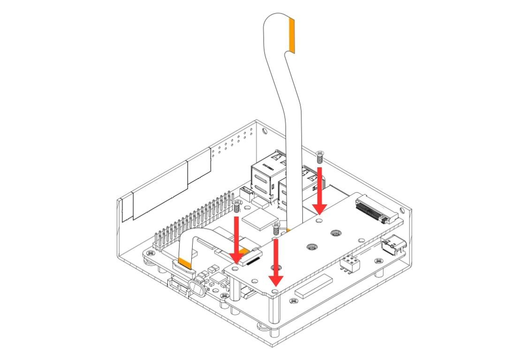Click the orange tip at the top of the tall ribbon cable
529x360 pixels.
click(292, 35)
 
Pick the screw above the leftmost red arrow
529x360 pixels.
click(237, 205)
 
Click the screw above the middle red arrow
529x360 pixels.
click(276, 229)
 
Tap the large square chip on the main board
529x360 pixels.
click(262, 220)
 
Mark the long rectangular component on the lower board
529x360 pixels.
click(314, 287)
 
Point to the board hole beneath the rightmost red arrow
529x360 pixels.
click(320, 218)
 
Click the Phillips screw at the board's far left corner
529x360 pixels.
click(151, 253)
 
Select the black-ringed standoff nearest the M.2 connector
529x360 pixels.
click(335, 233)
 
